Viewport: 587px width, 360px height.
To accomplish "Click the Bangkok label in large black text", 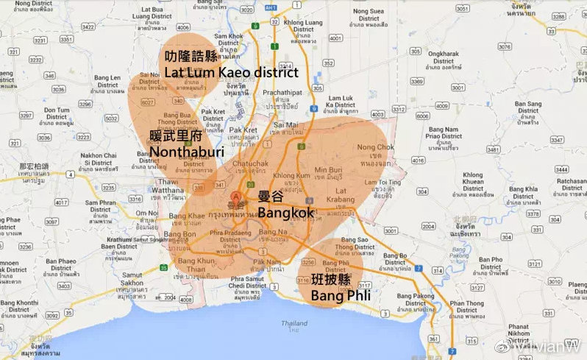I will point(286,213).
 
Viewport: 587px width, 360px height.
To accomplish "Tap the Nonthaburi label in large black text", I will point(186,151).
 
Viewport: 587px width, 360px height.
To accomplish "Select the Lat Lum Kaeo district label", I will point(231,72).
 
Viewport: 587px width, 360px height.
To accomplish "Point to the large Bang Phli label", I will point(339,295).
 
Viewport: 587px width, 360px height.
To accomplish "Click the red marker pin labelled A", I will point(236,197).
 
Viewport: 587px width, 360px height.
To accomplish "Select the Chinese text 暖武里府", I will point(176,136).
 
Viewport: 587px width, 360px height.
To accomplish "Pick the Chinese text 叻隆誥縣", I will point(191,57).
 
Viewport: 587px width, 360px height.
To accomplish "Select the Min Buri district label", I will point(329,174).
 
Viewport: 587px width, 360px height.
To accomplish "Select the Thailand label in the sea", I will point(295,324).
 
